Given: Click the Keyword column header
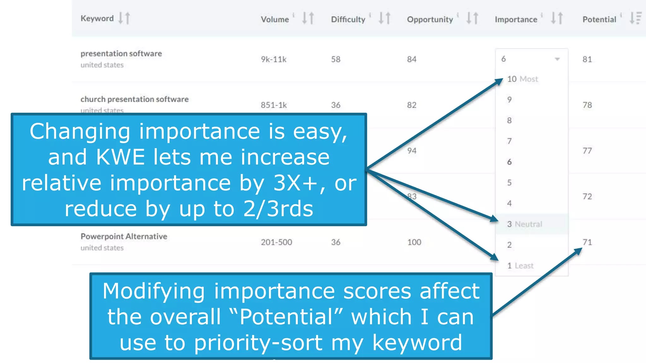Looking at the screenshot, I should click(97, 18).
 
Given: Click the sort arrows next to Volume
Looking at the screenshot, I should click(308, 18).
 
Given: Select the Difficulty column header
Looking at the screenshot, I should click(348, 20).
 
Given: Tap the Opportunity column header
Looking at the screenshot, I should click(430, 20).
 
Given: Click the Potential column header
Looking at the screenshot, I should click(599, 20).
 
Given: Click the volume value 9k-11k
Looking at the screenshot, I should click(273, 59).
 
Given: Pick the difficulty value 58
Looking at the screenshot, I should click(336, 59).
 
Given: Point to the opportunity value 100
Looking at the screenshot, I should click(414, 242).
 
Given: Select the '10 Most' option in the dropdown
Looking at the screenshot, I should click(522, 79).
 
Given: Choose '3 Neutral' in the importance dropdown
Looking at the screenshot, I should click(524, 224).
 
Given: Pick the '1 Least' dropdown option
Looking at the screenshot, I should click(520, 266).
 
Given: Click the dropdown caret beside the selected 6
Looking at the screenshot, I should click(557, 59).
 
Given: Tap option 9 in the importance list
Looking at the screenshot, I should click(509, 100).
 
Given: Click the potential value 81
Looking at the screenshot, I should click(587, 59).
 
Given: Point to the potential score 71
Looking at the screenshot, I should click(587, 242).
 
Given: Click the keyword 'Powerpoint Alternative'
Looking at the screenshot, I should click(124, 236).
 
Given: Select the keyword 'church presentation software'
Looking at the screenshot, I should click(134, 99).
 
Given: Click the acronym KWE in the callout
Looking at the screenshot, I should click(120, 157).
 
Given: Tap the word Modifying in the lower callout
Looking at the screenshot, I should click(154, 291).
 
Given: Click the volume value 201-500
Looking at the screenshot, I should click(276, 242).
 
